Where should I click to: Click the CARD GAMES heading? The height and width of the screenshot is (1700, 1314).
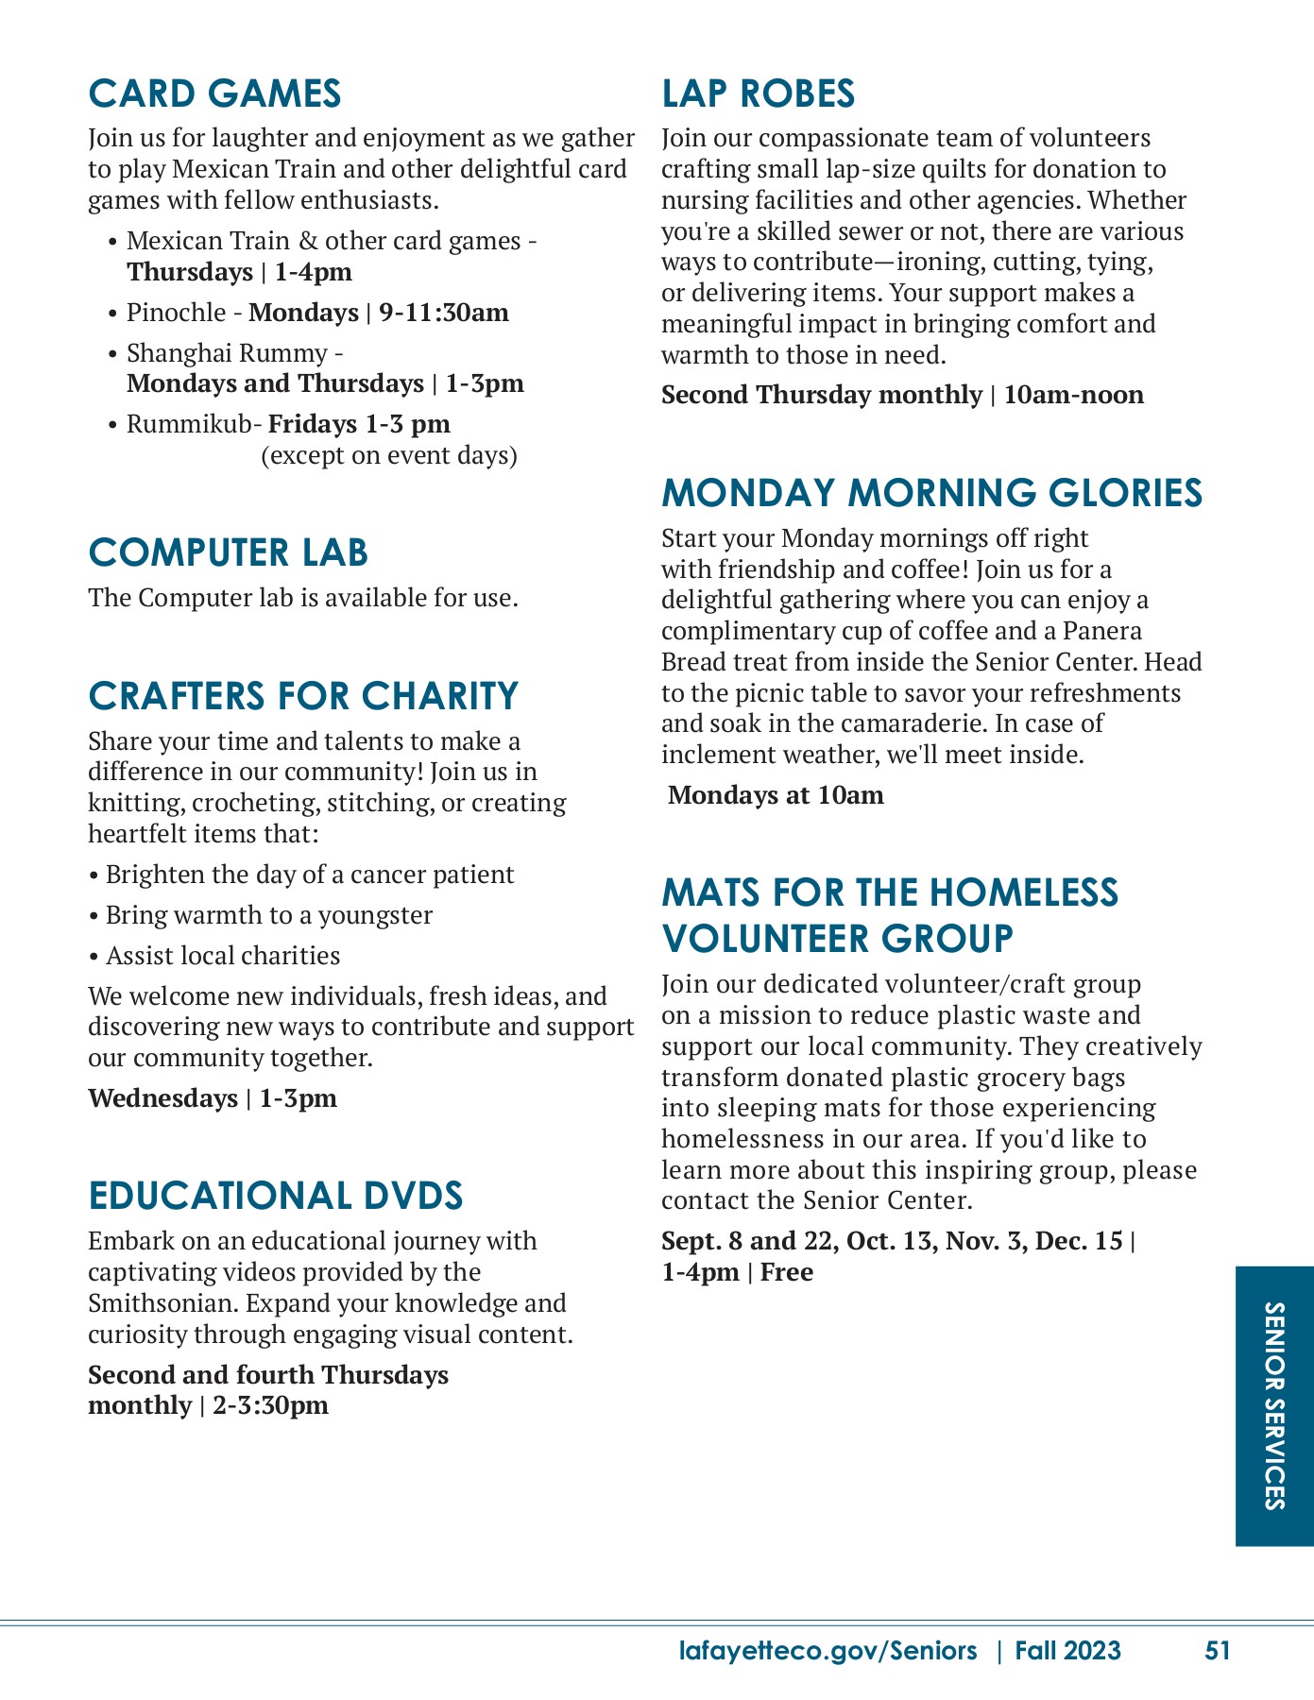(x=214, y=93)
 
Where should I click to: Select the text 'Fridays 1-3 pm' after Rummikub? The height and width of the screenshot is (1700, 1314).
(x=359, y=424)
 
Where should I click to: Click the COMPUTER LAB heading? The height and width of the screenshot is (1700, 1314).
(x=228, y=553)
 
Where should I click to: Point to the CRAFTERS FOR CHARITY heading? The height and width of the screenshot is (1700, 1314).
(x=303, y=696)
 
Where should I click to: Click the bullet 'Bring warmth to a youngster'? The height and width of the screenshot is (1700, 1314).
(x=268, y=915)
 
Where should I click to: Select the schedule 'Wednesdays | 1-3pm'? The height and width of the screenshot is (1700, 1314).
(x=213, y=1098)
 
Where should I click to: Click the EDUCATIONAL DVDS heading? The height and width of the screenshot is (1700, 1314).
(x=276, y=1196)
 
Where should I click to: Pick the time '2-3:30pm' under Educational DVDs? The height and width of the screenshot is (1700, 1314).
(x=271, y=1405)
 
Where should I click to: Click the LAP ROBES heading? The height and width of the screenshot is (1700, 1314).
(x=758, y=93)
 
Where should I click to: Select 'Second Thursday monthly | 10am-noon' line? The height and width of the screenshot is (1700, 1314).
(x=902, y=395)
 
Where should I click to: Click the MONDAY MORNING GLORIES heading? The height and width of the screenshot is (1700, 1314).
(x=931, y=493)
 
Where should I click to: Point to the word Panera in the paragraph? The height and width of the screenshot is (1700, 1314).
(x=1102, y=631)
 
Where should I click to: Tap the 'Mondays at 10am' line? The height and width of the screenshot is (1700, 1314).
(x=776, y=795)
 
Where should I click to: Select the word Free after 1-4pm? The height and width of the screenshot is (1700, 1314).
(x=787, y=1272)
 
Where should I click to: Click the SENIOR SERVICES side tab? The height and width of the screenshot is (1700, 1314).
(x=1274, y=1405)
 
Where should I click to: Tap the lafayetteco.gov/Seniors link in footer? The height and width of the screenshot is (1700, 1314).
(x=828, y=1651)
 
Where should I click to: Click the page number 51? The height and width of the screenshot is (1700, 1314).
(x=1218, y=1651)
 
